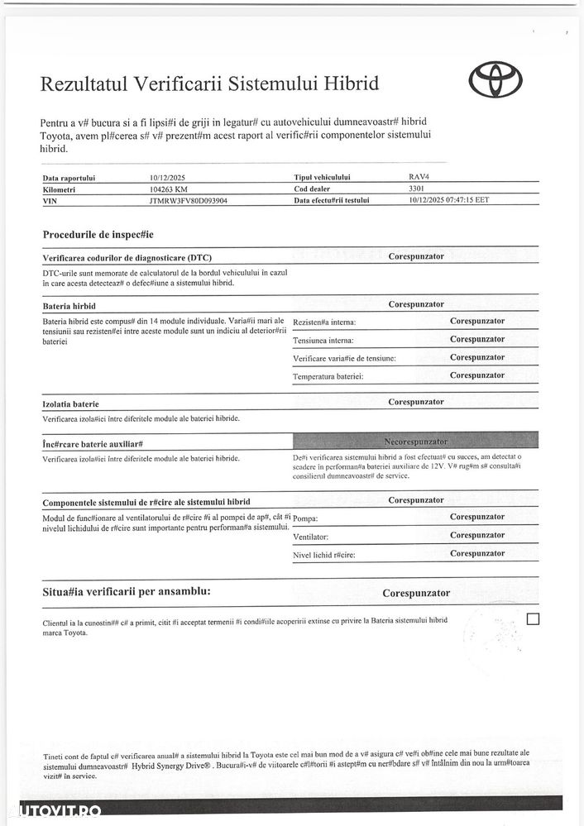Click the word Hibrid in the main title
click(351, 84)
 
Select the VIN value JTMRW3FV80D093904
click(189, 200)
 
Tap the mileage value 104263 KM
click(169, 189)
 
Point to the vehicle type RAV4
click(419, 177)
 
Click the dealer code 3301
click(416, 189)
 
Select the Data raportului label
click(69, 178)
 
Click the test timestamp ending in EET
click(448, 200)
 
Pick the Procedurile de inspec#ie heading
click(98, 235)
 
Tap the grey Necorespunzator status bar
click(415, 442)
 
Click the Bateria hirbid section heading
click(69, 306)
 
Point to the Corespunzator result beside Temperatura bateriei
click(477, 375)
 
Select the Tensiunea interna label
click(323, 341)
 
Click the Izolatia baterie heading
click(70, 404)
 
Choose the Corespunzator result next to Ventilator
click(477, 535)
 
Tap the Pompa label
click(306, 519)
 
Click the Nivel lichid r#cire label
click(324, 555)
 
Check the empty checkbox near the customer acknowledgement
click(532, 618)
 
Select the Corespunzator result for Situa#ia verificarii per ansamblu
click(416, 593)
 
